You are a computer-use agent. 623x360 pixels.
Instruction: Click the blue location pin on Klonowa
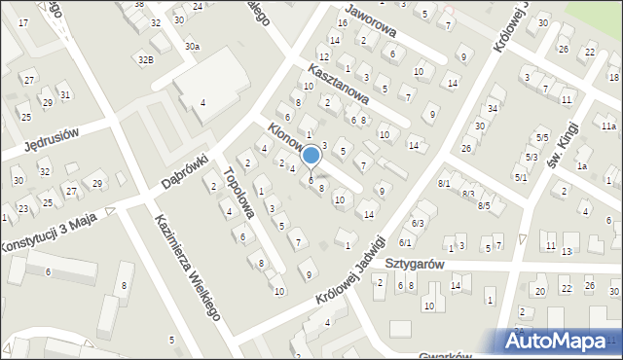pyautogui.click(x=311, y=157)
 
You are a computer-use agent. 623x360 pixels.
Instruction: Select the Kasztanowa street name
pyautogui.click(x=336, y=84)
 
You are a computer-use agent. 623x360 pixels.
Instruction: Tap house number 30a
pyautogui.click(x=193, y=46)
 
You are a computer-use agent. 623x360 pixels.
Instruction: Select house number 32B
pyautogui.click(x=145, y=59)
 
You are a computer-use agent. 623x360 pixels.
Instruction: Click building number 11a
pyautogui.click(x=608, y=126)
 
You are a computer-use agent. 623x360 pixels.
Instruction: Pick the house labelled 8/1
pyautogui.click(x=444, y=183)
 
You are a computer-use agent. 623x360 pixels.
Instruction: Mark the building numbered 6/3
pyautogui.click(x=418, y=224)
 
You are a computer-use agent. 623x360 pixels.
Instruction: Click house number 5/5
pyautogui.click(x=541, y=138)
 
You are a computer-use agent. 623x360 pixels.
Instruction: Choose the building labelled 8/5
pyautogui.click(x=484, y=205)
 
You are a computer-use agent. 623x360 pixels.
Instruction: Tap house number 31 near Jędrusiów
pyautogui.click(x=65, y=94)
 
